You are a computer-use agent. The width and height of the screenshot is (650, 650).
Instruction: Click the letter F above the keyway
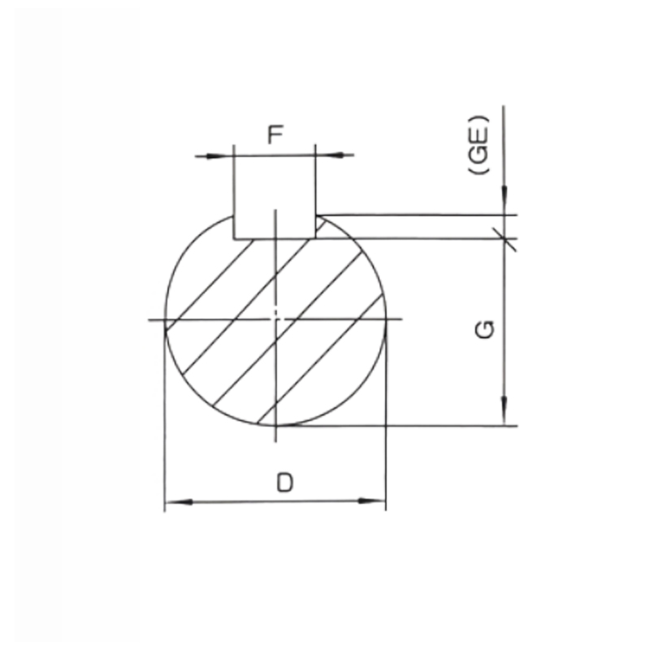(275, 134)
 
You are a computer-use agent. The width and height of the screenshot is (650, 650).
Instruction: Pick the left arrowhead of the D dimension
(174, 501)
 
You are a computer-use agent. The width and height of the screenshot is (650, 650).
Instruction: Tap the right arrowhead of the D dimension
(375, 501)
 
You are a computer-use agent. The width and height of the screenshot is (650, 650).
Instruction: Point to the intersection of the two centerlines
(276, 319)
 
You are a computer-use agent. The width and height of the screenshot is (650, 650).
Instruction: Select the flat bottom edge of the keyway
(275, 239)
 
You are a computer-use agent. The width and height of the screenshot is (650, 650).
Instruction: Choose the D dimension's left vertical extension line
(165, 422)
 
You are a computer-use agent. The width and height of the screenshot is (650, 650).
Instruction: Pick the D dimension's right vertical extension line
(385, 422)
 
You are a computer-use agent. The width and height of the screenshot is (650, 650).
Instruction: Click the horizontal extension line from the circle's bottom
(406, 425)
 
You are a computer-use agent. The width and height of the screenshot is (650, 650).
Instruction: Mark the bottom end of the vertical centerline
(276, 440)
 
